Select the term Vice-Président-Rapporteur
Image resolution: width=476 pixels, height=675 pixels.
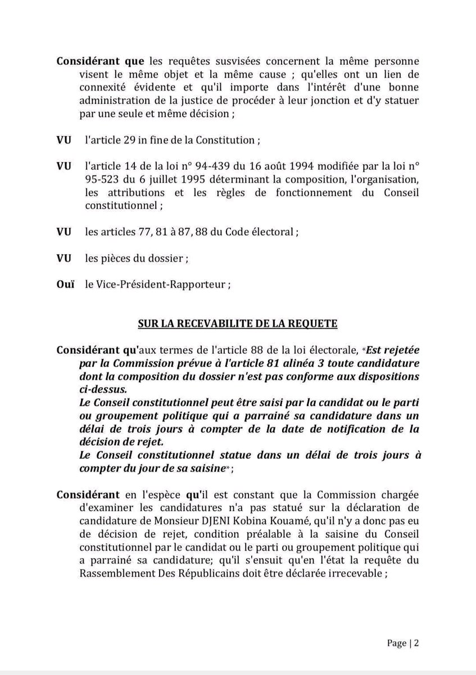pos(164,285)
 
